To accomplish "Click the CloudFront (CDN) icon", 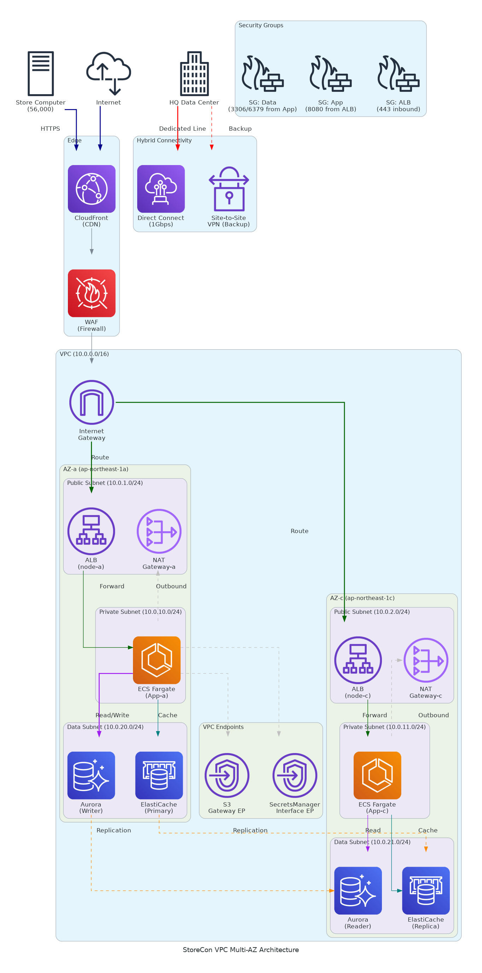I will pos(92,189).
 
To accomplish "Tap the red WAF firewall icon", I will pos(92,293).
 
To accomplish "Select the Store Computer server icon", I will pos(41,74).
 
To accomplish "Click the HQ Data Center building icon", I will pos(194,74).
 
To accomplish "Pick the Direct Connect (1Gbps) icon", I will pos(161,189).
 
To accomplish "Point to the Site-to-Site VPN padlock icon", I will pos(229,189).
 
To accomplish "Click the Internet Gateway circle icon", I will pos(92,402).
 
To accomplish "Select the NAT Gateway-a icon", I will pos(159,531).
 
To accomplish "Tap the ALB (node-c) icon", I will pos(358,660).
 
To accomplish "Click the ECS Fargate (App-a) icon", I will pos(157,660).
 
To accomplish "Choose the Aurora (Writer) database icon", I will pos(91,775).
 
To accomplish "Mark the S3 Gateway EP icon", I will pos(227,775).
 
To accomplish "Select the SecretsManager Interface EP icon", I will pos(295,775).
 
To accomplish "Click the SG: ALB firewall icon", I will pos(398,74).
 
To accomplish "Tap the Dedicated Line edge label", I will pos(182,129).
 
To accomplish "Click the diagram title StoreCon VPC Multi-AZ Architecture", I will pos(240,950).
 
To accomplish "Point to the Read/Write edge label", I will pos(112,715).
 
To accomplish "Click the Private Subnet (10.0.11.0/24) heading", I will pos(384,727).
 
